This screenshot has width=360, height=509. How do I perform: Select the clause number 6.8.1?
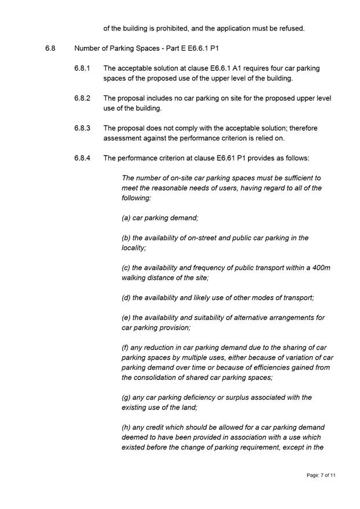[x=82, y=68]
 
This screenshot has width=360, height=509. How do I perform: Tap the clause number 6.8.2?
[x=82, y=98]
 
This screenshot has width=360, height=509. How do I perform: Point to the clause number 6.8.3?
[x=82, y=128]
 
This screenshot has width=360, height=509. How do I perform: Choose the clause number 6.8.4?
[x=82, y=158]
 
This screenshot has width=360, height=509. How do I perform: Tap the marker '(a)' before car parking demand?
[x=126, y=217]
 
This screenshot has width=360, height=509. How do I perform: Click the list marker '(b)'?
[x=126, y=238]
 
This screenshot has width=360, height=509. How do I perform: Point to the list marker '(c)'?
[x=126, y=268]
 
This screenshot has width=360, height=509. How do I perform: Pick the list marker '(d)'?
[x=126, y=297]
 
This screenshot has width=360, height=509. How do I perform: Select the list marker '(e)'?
[x=126, y=318]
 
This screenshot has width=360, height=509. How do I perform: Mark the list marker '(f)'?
[x=126, y=348]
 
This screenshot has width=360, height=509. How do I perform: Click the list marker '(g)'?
[x=126, y=397]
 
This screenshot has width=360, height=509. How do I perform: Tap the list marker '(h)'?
[x=126, y=427]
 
